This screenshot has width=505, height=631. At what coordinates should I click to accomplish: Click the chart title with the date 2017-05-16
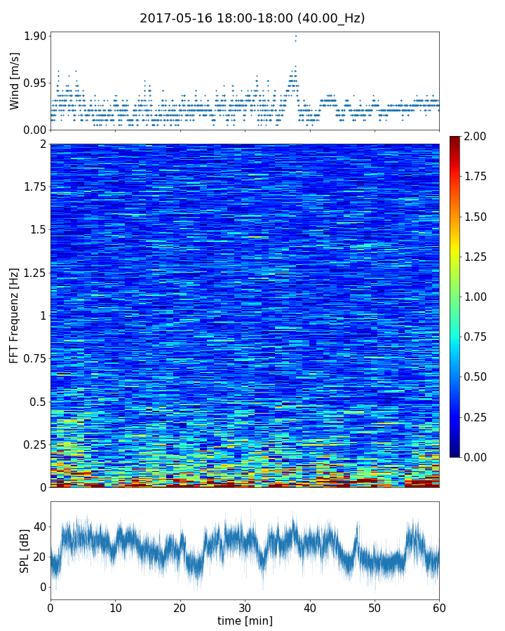252,19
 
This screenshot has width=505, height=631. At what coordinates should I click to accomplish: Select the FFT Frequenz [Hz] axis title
15,315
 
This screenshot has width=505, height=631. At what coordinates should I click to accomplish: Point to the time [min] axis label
245,620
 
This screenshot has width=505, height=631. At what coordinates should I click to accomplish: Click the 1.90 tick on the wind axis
34,36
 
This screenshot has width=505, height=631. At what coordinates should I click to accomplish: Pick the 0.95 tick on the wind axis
34,83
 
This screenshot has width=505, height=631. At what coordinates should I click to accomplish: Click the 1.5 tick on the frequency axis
39,230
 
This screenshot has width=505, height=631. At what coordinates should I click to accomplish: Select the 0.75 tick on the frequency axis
34,359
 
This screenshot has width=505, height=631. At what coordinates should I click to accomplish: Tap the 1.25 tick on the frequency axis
34,273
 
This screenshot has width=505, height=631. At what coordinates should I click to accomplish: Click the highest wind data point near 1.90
295,36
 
